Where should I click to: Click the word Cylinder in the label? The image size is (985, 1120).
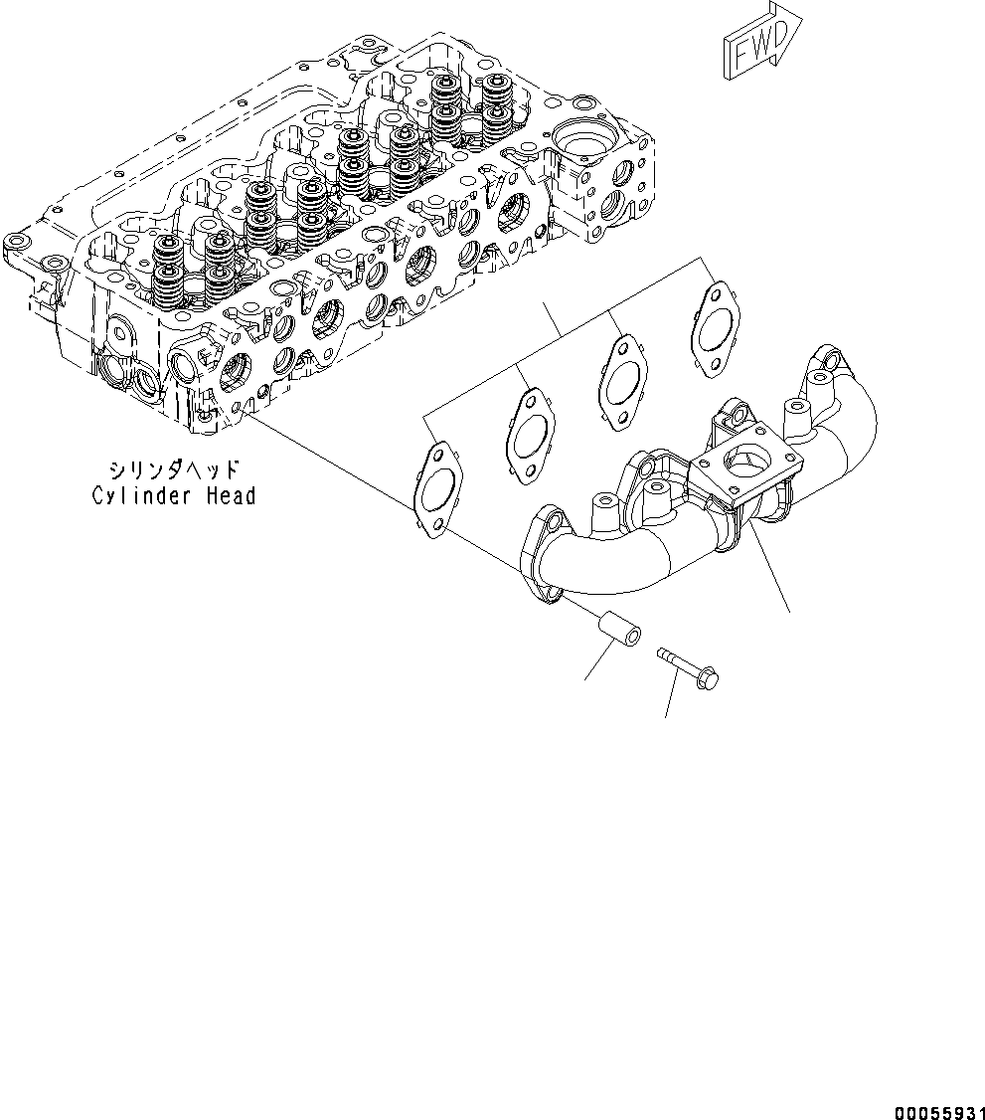[134, 495]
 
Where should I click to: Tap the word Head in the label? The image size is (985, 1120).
[225, 495]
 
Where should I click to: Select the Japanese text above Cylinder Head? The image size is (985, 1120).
[175, 468]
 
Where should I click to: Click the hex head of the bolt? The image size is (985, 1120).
[710, 677]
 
